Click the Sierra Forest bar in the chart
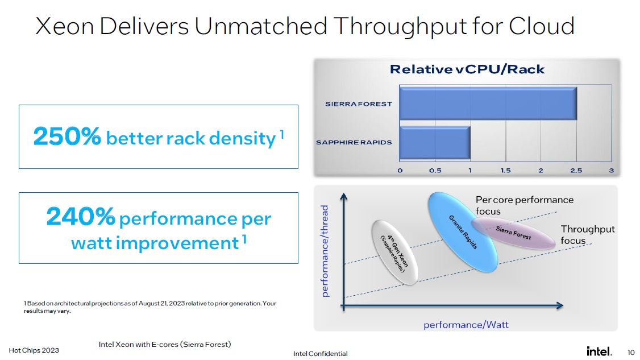488,104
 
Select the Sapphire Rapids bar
435,143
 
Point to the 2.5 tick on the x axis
576,171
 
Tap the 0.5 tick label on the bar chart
435,171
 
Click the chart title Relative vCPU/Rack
467,69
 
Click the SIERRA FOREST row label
359,104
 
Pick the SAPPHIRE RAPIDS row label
354,142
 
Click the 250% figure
67,136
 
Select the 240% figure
80,216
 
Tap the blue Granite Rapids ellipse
463,232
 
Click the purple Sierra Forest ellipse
513,233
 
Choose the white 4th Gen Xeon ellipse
394,252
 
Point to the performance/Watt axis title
466,325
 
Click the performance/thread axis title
325,251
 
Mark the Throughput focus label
587,234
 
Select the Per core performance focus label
525,205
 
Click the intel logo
599,351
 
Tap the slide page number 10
631,352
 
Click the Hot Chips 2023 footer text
34,350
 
